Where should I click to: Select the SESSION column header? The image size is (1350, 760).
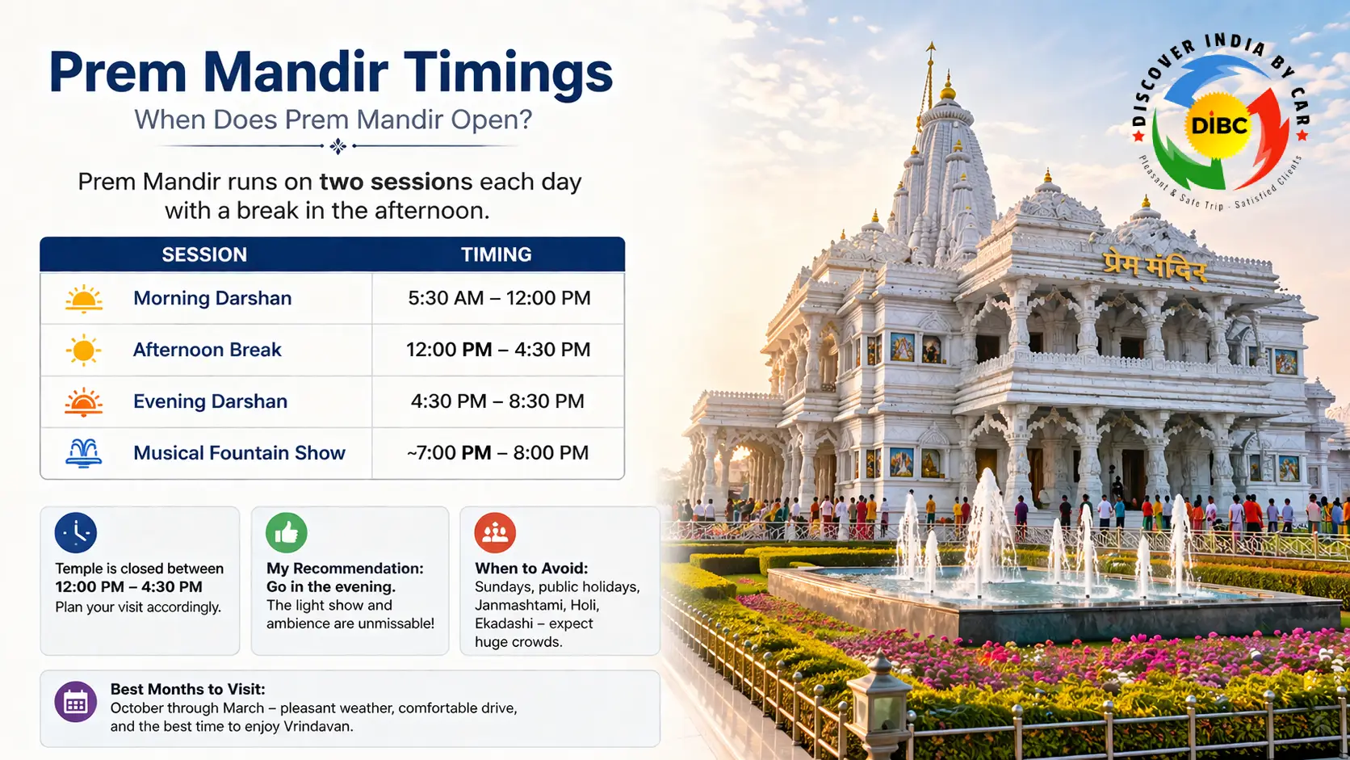click(x=204, y=254)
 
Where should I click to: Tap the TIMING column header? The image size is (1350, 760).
click(x=496, y=254)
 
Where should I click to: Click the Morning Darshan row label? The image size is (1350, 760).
click(x=212, y=298)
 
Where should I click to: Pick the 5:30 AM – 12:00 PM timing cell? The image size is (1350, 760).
click(x=499, y=298)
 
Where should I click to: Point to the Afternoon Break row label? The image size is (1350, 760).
click(x=207, y=350)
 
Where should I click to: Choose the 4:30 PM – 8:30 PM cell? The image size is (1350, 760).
click(x=497, y=401)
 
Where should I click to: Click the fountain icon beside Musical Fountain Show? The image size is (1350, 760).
click(x=83, y=453)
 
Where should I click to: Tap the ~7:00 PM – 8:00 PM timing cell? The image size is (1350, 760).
click(x=497, y=453)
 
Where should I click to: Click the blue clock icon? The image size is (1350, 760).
click(x=76, y=533)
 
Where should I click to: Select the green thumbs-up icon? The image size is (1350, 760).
click(x=287, y=533)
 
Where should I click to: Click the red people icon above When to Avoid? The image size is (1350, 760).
click(x=495, y=533)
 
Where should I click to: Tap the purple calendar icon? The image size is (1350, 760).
click(x=76, y=703)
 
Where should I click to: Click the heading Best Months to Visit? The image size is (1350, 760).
click(x=187, y=689)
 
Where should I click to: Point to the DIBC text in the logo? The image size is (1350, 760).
click(x=1219, y=126)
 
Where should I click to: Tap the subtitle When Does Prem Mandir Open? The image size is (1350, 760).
click(x=333, y=120)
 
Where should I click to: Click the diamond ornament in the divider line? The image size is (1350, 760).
click(x=337, y=146)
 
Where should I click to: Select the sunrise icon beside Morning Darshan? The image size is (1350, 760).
click(x=83, y=299)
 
